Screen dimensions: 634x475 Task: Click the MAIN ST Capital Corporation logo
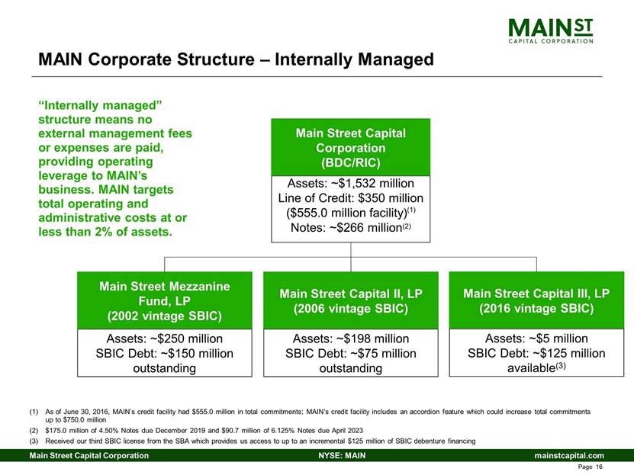(x=551, y=31)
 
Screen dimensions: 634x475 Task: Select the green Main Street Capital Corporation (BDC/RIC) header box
(x=350, y=147)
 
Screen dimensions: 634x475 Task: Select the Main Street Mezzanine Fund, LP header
(x=165, y=300)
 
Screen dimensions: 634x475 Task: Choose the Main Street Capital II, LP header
(x=350, y=300)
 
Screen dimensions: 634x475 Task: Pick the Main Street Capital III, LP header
(x=536, y=300)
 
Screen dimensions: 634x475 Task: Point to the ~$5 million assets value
(x=558, y=339)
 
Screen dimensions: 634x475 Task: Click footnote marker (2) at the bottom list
(x=34, y=431)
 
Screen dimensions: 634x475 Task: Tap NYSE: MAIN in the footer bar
(x=342, y=456)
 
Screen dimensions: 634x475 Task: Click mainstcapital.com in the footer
(x=569, y=456)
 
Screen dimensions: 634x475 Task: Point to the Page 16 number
(x=591, y=467)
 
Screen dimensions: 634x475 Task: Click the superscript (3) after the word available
(x=561, y=366)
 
